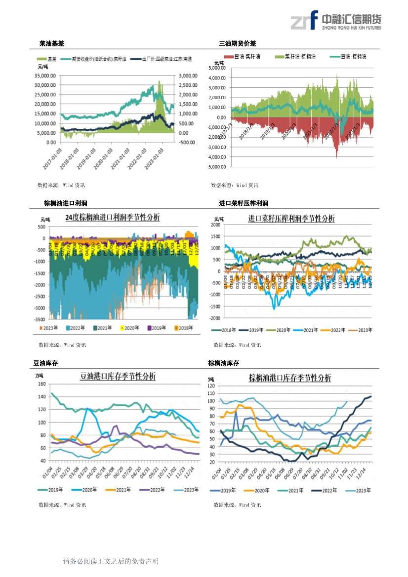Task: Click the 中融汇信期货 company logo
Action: click(336, 21)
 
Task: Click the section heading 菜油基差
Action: click(52, 44)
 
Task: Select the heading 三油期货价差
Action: click(238, 44)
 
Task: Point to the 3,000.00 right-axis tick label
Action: click(188, 76)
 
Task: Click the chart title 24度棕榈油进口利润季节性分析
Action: click(113, 218)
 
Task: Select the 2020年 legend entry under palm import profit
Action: click(130, 328)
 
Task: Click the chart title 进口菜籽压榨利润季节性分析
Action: click(291, 219)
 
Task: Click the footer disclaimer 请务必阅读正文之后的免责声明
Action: click(111, 562)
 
